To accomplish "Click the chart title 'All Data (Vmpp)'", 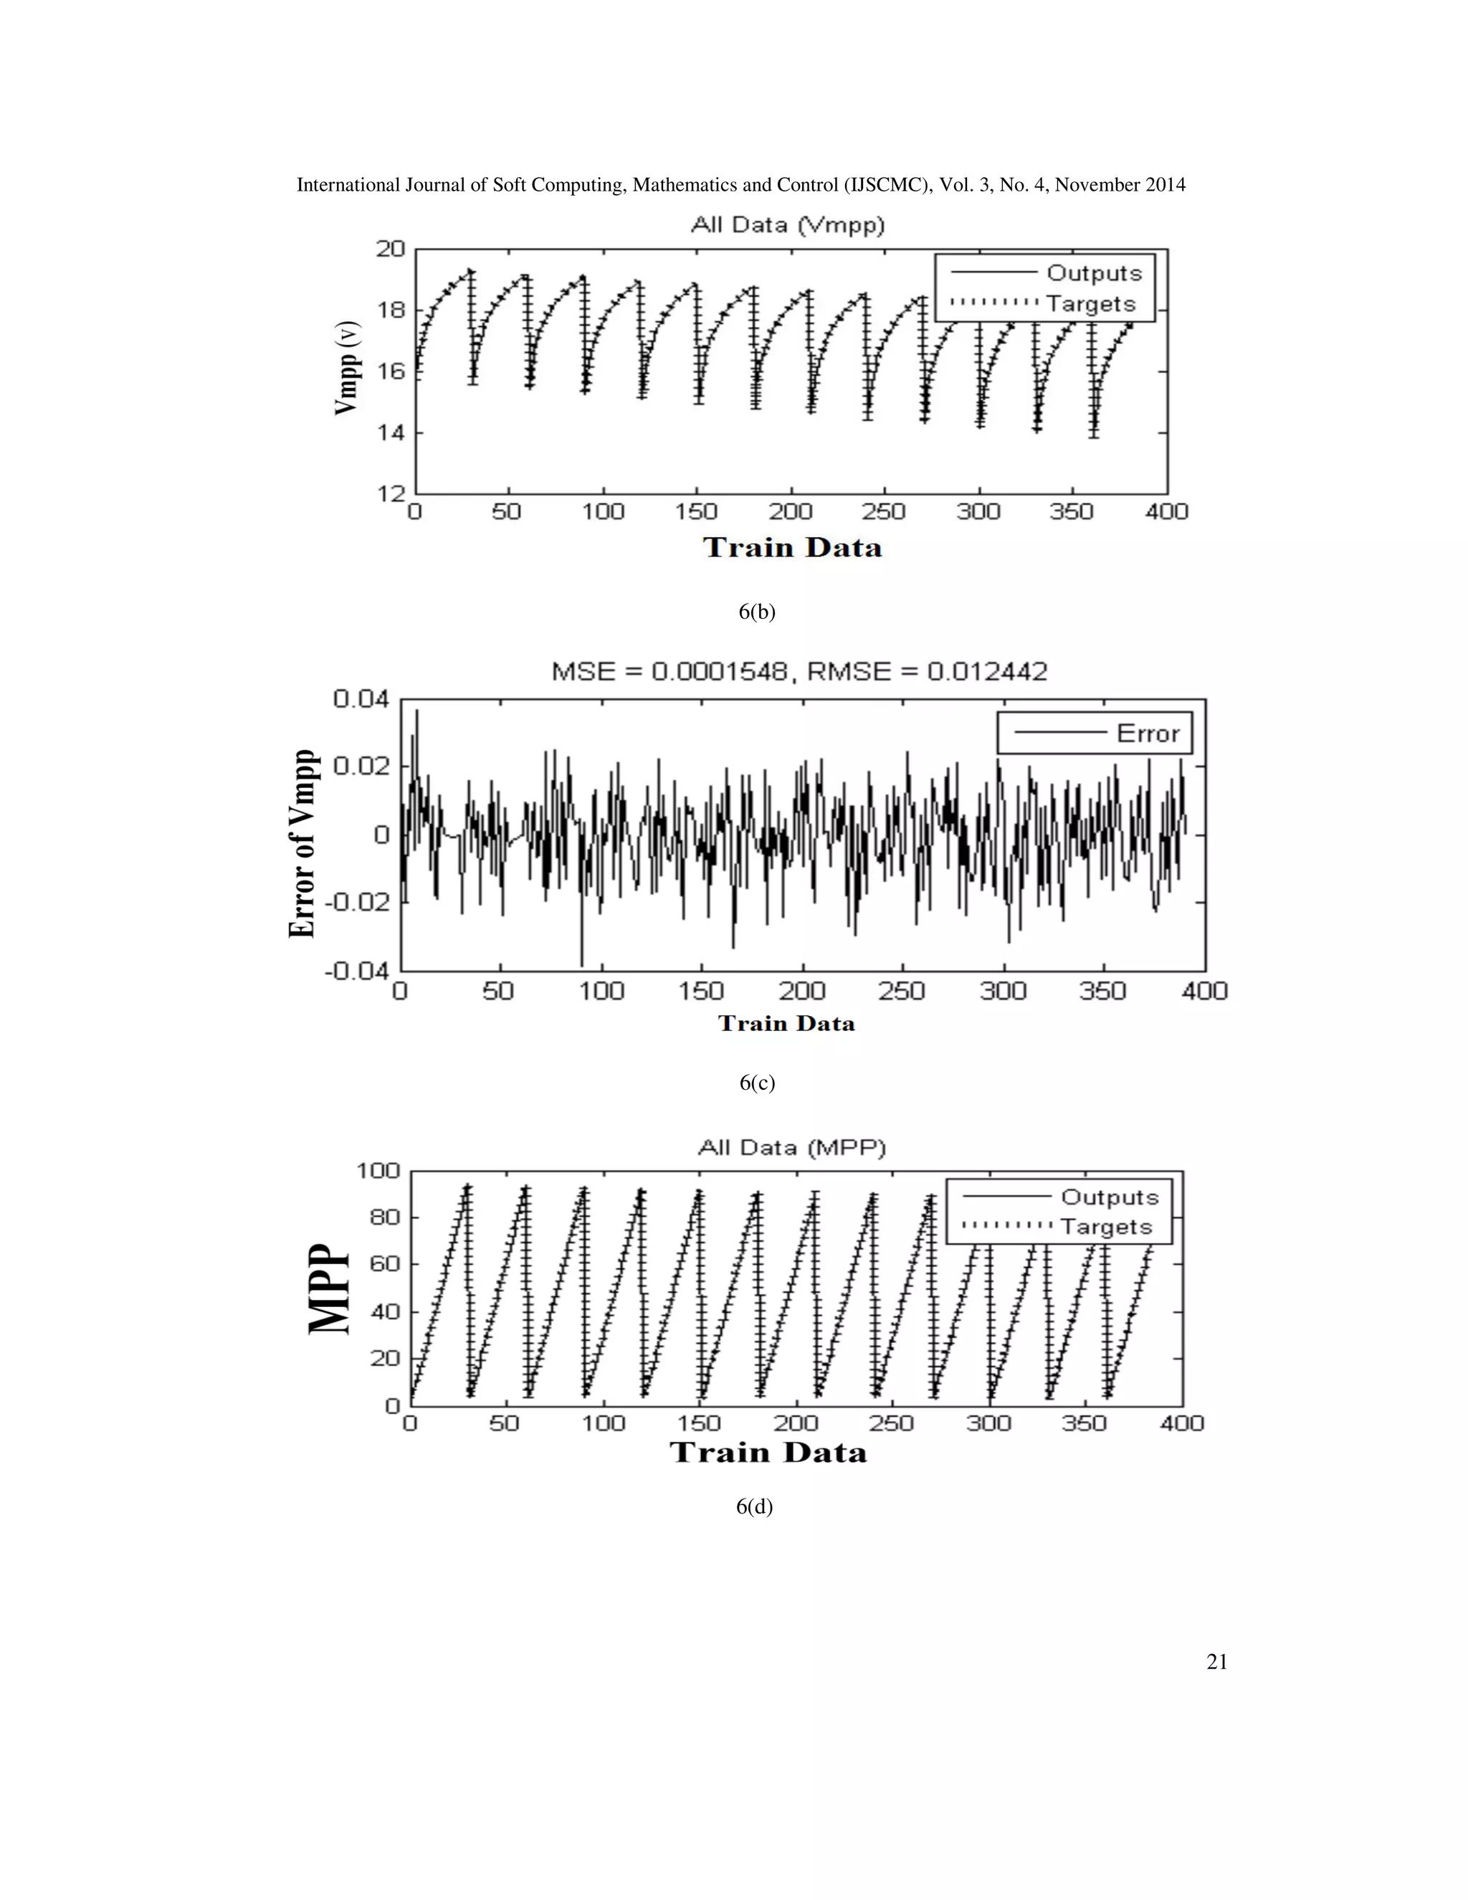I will [787, 225].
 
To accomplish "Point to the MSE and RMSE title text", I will [799, 672].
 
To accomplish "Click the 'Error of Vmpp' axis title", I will [302, 843].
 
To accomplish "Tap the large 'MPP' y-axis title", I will [330, 1288].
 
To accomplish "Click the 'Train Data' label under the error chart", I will [786, 1023].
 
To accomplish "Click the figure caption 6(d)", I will [754, 1506].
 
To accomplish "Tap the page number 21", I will [1216, 1662].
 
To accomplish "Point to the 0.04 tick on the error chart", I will [361, 698].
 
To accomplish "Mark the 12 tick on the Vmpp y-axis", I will [391, 493].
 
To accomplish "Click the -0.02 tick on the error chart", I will [356, 902].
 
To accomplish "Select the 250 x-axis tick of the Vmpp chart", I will [885, 511].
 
